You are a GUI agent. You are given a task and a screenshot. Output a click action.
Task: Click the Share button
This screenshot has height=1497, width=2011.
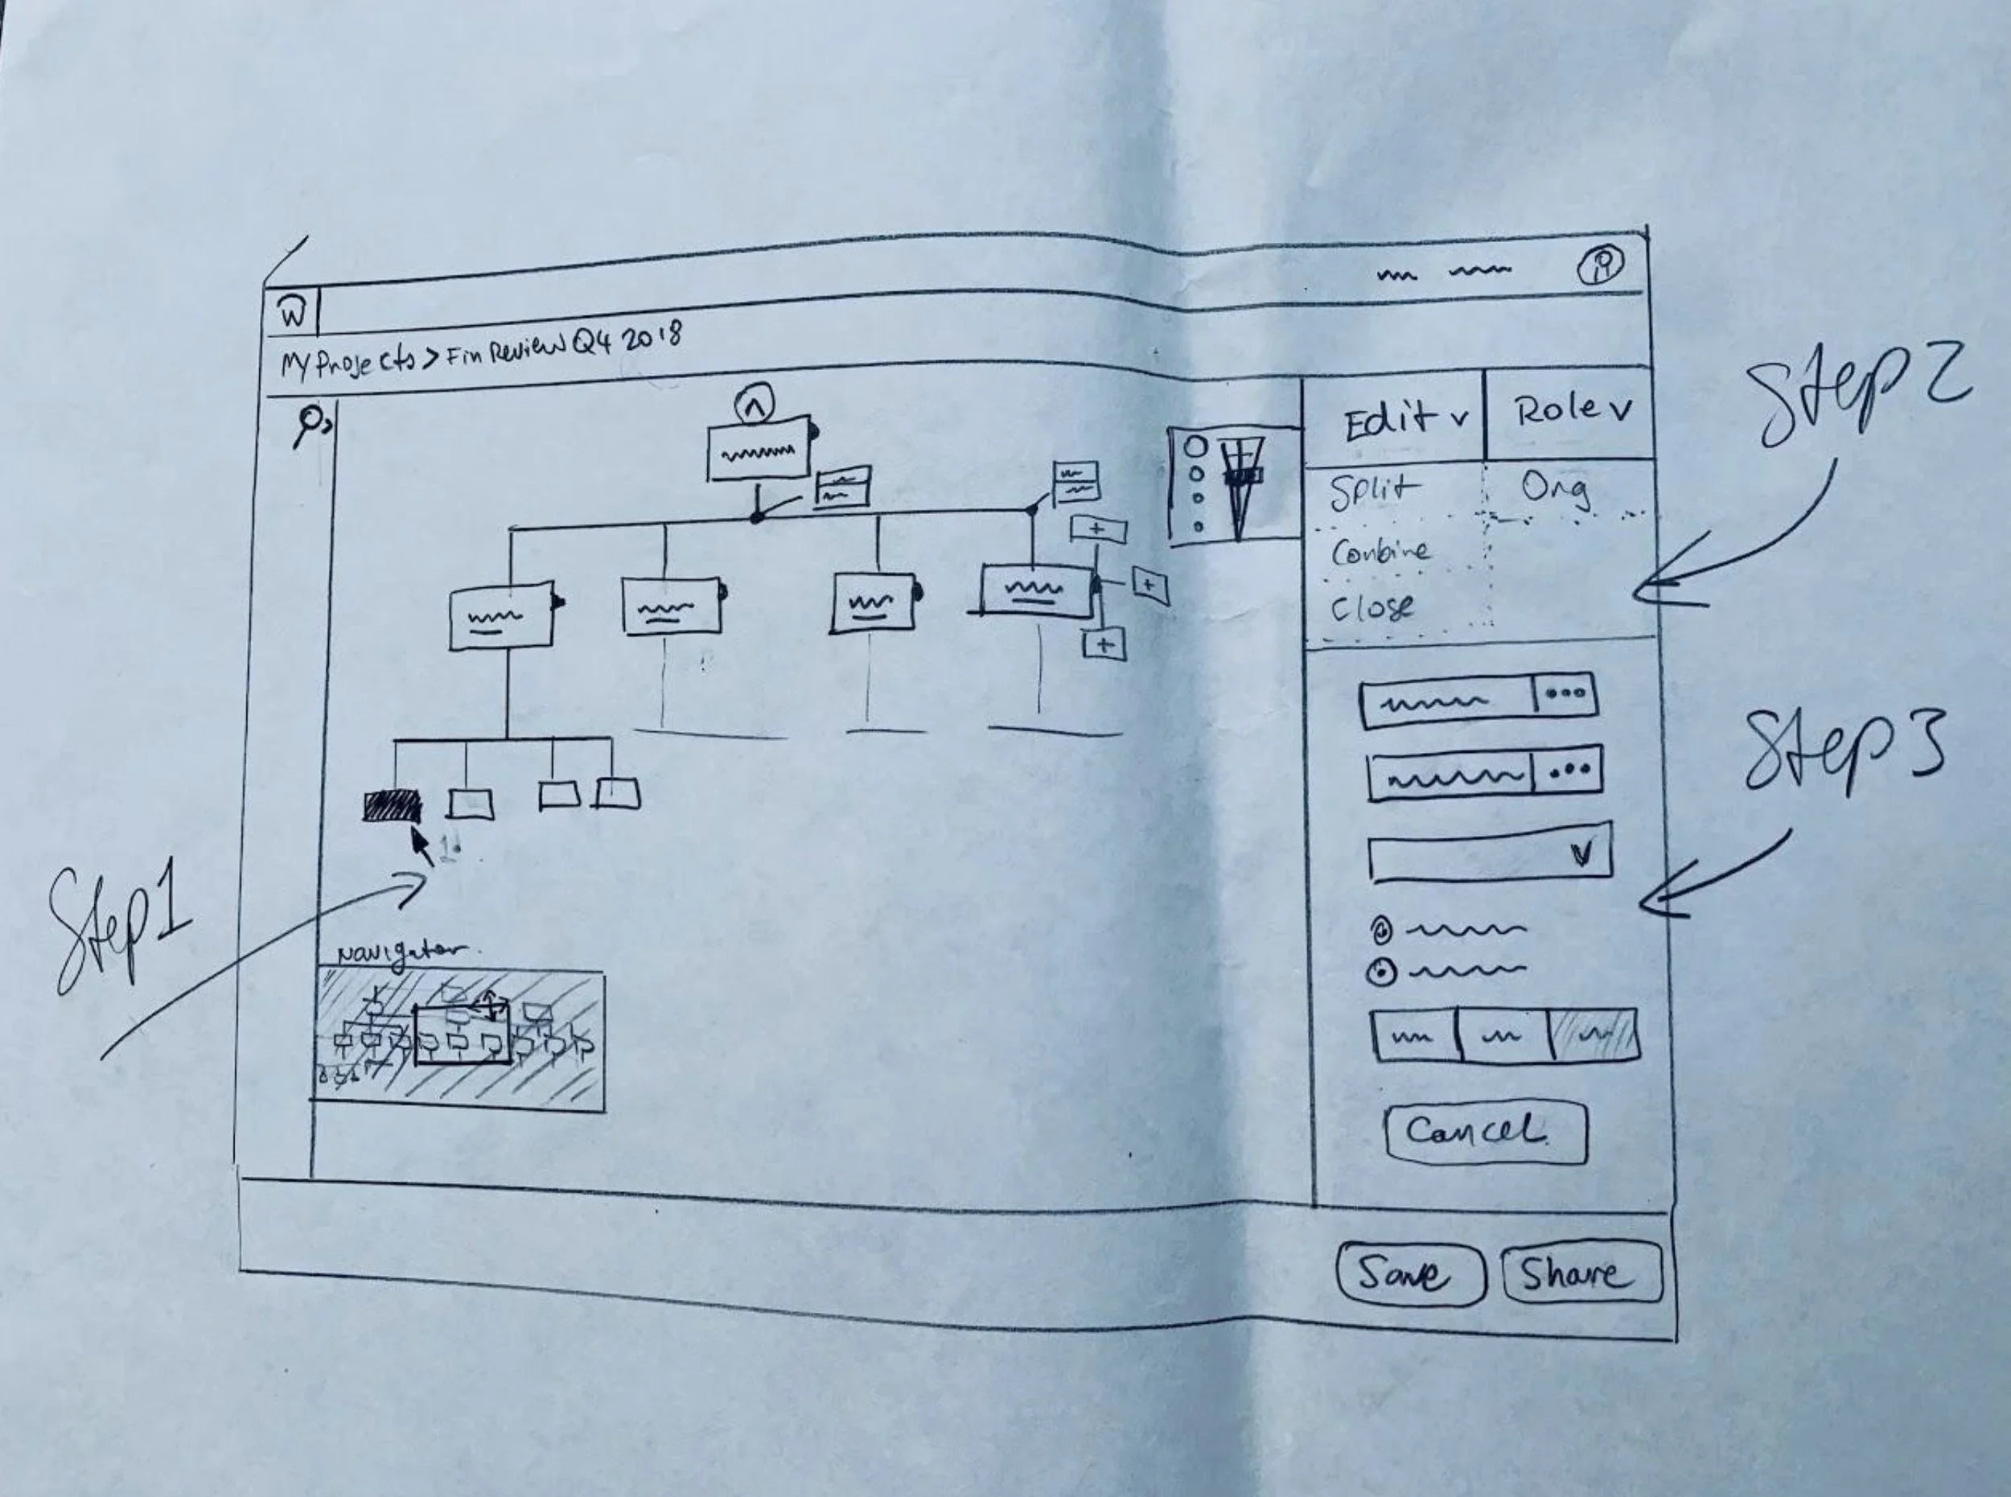pos(1581,1273)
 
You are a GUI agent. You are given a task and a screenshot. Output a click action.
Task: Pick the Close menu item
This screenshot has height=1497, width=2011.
pos(1372,607)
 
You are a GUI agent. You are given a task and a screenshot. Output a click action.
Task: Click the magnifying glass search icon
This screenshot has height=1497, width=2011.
pos(310,423)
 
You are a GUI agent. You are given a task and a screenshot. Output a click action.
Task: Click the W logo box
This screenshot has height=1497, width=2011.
pos(292,314)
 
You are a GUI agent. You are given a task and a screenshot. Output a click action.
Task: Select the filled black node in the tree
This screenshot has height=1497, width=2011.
pos(393,804)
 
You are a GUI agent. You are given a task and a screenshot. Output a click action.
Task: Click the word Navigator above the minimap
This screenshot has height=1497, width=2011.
pos(398,954)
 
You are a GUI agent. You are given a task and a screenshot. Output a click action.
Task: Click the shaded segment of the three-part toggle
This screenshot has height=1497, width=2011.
pos(1594,1034)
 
